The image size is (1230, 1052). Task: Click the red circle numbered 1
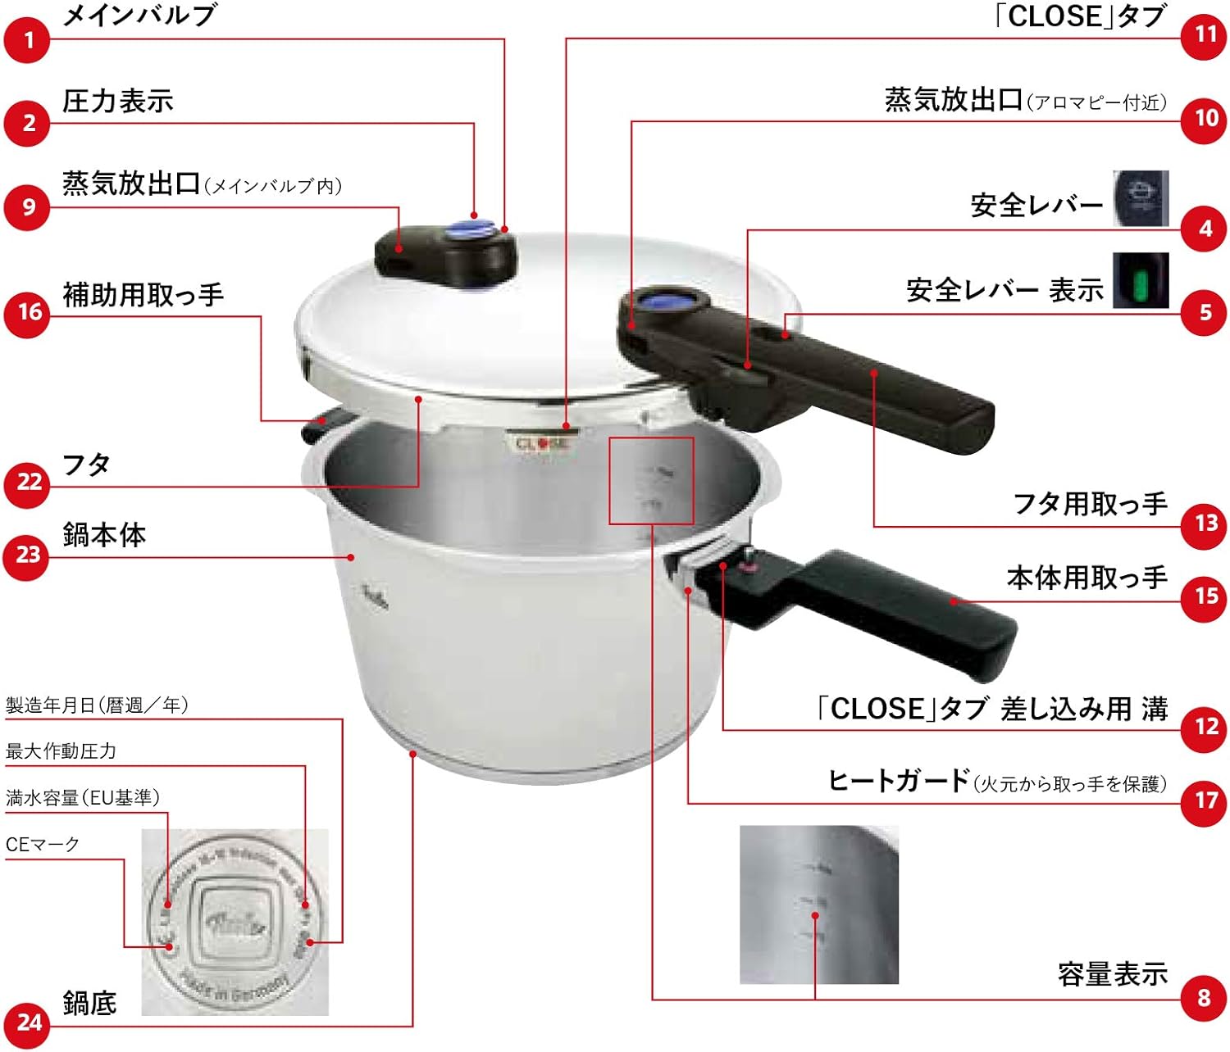(29, 39)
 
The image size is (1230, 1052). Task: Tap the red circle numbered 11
(1205, 34)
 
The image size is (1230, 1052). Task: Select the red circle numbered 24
(29, 1023)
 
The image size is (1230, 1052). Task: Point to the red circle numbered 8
(1204, 997)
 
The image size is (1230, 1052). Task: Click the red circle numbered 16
(29, 312)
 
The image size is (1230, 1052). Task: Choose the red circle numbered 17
(1205, 799)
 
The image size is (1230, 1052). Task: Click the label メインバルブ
(139, 16)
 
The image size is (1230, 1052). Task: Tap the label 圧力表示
(118, 101)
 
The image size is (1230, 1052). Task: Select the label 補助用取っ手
(143, 294)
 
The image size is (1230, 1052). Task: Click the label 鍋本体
(104, 534)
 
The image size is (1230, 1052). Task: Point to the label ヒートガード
(899, 781)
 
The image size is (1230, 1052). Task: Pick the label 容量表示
(1112, 974)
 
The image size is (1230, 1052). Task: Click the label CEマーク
(43, 844)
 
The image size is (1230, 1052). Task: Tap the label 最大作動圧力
(61, 750)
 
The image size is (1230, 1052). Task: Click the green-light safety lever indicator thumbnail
(1140, 281)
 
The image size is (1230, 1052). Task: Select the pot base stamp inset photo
(235, 922)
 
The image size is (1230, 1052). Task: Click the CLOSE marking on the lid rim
(542, 443)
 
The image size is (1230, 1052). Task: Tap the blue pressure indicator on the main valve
(478, 229)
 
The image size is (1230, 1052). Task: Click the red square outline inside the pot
(652, 480)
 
